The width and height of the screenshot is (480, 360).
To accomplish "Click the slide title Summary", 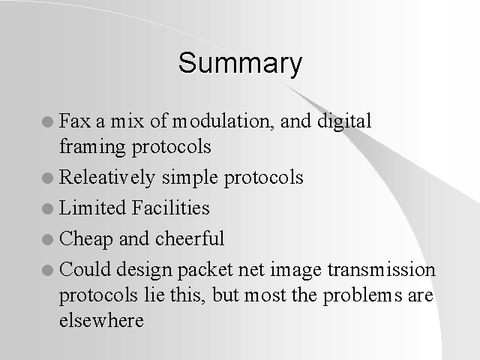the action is coord(240,64).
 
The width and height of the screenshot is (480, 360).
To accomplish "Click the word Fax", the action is coord(75,121).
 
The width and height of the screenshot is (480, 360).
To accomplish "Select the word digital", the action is coord(344,121).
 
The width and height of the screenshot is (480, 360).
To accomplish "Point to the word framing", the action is coord(92,147).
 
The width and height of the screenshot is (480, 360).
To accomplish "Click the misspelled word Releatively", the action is coord(107,178).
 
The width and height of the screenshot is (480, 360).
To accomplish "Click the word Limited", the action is coord(92,208).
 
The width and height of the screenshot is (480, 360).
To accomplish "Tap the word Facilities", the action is coord(171,208).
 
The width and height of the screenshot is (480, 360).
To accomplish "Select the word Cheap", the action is coord(86,239).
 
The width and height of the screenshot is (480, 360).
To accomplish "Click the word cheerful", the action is coord(190,238).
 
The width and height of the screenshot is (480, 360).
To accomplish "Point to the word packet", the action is coord(205,270).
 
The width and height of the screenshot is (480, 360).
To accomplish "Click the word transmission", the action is coord(382,269).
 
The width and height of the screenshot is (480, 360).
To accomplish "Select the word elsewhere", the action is coord(101,321).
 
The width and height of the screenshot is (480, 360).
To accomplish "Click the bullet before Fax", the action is coord(47,121).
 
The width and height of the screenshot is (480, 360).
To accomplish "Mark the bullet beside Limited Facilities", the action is coord(47,208).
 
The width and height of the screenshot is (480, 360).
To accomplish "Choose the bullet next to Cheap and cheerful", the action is coord(47,239).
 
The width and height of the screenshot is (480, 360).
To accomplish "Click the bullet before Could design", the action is coord(47,270).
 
